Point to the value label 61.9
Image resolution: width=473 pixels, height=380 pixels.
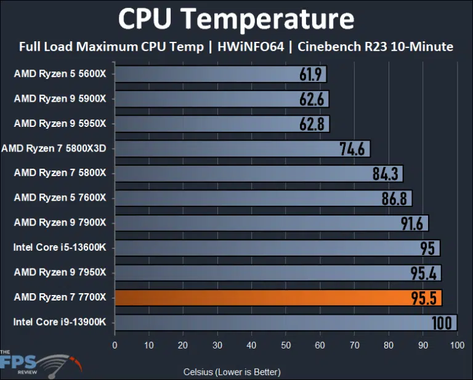(x=312, y=75)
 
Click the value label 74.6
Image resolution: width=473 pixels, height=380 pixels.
(x=353, y=149)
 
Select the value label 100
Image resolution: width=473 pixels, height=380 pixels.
(x=441, y=323)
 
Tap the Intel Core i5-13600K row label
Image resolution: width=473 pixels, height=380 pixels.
(x=60, y=248)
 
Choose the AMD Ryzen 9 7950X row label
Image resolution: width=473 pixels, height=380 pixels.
(x=60, y=272)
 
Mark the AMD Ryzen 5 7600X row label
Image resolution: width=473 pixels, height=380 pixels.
(x=60, y=198)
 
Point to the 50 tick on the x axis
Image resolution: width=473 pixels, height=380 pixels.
(x=286, y=346)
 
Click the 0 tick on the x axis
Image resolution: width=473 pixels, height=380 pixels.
(x=115, y=346)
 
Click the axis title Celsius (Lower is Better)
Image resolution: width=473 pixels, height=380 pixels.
(x=232, y=372)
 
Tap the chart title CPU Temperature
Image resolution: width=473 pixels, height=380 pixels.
(x=236, y=19)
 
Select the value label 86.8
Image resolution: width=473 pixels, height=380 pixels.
(x=395, y=198)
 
